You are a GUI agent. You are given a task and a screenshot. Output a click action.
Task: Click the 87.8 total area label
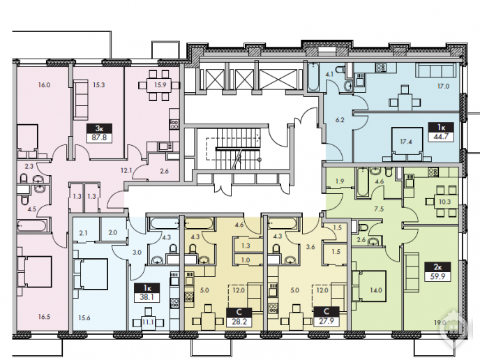(x=99, y=137)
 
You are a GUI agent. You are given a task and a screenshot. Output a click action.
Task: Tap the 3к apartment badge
(x=99, y=128)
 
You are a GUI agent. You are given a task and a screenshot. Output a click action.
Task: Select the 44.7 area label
(x=441, y=136)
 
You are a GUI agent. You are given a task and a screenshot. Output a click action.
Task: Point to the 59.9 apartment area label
(x=437, y=276)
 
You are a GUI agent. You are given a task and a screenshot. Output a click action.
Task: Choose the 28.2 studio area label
(x=239, y=322)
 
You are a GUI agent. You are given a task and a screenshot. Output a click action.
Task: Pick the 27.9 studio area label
(x=327, y=321)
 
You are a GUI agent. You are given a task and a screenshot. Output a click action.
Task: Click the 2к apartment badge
(x=437, y=267)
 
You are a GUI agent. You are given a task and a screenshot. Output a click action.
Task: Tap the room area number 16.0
(x=44, y=85)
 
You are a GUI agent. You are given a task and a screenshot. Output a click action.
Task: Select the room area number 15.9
(x=160, y=84)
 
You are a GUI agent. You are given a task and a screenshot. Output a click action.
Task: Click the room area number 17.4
(x=406, y=142)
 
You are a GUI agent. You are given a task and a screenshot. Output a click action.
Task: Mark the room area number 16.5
(x=44, y=317)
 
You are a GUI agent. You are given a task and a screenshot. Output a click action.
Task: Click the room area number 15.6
(x=84, y=318)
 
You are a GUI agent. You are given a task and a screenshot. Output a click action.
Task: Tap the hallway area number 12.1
(x=126, y=170)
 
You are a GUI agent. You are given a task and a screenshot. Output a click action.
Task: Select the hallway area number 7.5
(x=379, y=209)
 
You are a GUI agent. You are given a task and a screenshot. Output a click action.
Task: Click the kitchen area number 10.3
(x=444, y=202)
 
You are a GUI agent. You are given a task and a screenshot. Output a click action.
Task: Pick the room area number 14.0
(x=376, y=290)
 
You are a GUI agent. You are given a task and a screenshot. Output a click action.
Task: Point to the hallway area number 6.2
(x=340, y=120)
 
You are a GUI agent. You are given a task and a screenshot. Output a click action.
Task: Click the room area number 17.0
(x=443, y=87)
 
